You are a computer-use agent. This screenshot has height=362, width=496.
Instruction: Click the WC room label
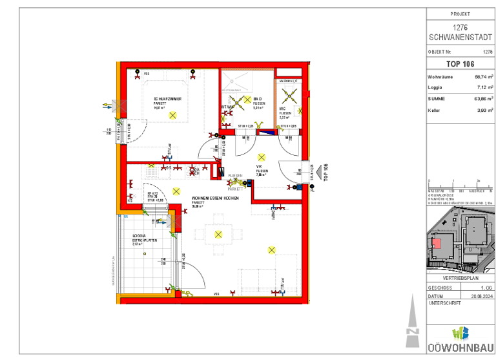pos(283,109)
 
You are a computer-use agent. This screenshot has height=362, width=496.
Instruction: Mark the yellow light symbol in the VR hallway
pos(261,157)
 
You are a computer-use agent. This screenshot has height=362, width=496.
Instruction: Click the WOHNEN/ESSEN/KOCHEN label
pos(215,198)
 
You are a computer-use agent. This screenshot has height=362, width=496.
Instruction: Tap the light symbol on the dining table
pos(218,234)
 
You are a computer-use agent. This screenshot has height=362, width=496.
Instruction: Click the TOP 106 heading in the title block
pos(460,63)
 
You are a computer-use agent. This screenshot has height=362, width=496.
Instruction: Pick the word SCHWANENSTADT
pos(460,36)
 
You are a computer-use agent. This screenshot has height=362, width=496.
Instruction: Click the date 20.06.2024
pos(482,295)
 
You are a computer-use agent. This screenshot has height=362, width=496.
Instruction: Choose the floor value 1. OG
pos(486,287)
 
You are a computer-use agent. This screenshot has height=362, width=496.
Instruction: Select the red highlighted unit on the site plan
pos(437,244)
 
